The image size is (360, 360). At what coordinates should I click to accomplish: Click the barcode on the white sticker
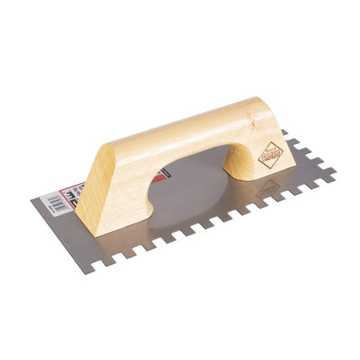pos(56,202)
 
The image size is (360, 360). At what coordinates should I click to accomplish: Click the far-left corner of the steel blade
pos(33,199)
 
